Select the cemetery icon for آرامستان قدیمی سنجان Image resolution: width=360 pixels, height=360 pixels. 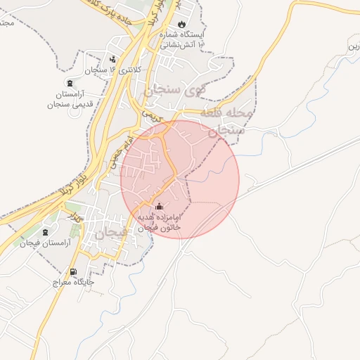(x=68, y=83)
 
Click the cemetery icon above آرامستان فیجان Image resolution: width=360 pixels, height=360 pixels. (x=46, y=232)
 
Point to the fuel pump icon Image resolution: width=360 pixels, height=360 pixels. (x=73, y=272)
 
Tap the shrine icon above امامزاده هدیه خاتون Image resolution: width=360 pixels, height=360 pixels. (x=159, y=207)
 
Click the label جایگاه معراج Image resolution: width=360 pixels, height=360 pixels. (x=72, y=283)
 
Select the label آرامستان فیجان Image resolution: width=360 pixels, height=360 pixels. (x=46, y=243)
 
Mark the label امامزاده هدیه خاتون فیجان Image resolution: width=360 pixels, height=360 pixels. (x=160, y=223)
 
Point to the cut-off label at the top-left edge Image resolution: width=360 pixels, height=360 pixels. (x=7, y=22)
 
